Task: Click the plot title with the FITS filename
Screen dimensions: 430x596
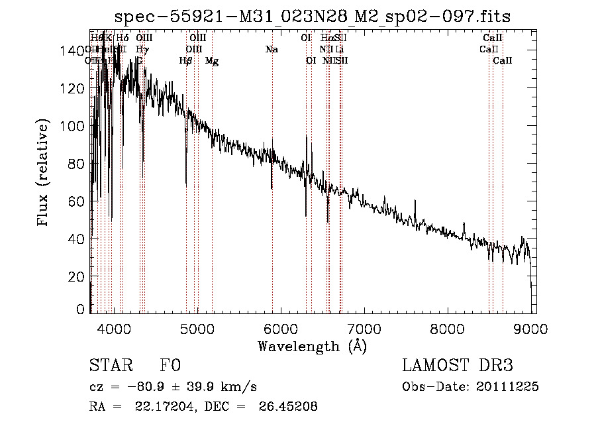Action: click(312, 16)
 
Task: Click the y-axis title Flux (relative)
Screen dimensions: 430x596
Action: click(44, 174)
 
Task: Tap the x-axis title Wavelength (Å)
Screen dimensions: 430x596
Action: click(312, 346)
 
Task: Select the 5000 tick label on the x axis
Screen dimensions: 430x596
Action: click(197, 327)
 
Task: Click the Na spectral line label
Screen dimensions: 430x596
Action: click(272, 50)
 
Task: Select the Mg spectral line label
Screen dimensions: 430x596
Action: click(212, 61)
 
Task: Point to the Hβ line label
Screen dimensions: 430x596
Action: click(185, 61)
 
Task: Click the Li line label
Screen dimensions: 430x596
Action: click(339, 50)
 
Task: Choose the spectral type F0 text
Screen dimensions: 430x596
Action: click(170, 366)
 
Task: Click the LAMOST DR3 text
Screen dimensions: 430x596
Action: click(458, 366)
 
